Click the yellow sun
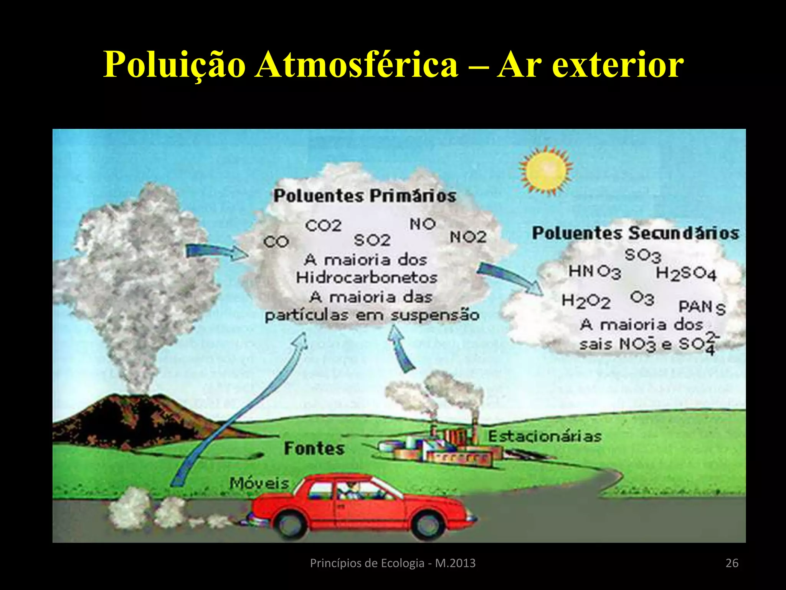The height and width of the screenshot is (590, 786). (546, 170)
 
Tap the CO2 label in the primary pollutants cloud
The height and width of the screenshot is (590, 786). (323, 225)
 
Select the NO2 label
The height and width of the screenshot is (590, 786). (468, 237)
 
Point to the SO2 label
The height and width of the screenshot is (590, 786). (372, 240)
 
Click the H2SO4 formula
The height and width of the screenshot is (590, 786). (686, 274)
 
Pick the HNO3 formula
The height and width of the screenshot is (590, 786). (594, 272)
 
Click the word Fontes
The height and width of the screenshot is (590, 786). (314, 448)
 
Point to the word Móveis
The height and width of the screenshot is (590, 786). (259, 483)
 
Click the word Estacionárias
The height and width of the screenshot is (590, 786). (545, 436)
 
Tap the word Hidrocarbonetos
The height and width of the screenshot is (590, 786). (367, 277)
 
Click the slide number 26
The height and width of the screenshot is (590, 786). (732, 563)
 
